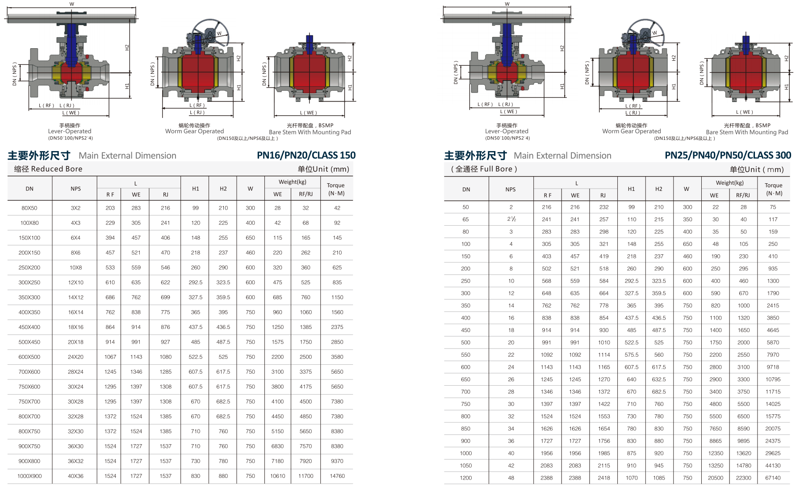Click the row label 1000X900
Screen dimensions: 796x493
pos(29,476)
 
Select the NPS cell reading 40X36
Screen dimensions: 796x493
pos(75,476)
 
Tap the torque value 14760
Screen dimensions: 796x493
pos(337,476)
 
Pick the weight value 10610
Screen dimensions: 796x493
pos(277,476)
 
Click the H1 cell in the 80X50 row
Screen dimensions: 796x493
pos(196,208)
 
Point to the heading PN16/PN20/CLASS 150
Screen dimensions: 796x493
pos(306,155)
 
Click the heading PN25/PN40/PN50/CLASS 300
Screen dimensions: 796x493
pos(728,155)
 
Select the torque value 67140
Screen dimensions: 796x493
pos(773,478)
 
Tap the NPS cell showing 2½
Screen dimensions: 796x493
pos(511,219)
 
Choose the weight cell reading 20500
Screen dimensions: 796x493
pos(716,478)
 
